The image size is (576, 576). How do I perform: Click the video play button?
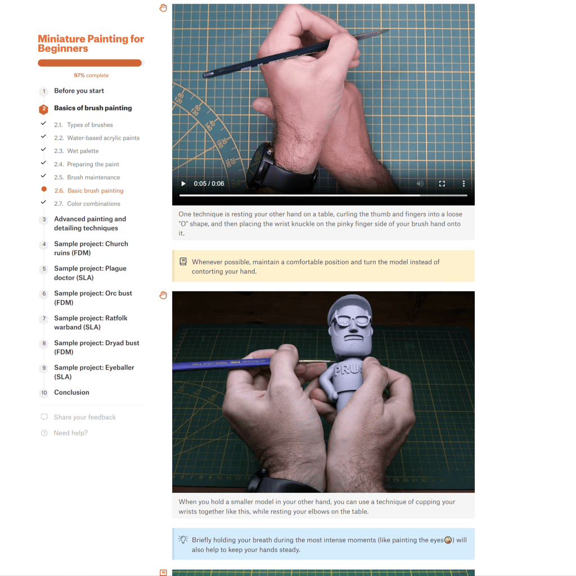point(183,184)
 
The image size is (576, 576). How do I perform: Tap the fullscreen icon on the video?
point(442,184)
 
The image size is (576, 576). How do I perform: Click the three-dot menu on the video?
point(463,184)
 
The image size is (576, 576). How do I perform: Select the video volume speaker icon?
point(420,184)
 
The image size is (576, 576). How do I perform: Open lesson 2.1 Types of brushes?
point(83,125)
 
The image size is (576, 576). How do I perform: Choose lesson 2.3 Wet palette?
point(76,151)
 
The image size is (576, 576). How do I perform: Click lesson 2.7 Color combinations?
point(87,204)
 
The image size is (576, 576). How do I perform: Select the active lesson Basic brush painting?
point(89,191)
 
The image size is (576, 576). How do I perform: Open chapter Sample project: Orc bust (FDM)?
point(93,298)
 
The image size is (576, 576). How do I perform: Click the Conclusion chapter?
point(71,392)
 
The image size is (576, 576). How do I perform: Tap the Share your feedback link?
point(85,417)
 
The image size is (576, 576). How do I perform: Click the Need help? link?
point(70,433)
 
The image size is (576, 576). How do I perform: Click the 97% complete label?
point(91,75)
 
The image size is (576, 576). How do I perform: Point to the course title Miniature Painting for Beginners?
point(91,44)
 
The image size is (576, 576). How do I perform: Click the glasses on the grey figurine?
point(351,320)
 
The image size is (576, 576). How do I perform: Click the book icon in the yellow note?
point(183,262)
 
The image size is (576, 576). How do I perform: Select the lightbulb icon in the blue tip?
point(183,539)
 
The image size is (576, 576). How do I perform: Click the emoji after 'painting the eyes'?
point(448,540)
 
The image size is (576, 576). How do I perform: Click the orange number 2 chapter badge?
point(44,109)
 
